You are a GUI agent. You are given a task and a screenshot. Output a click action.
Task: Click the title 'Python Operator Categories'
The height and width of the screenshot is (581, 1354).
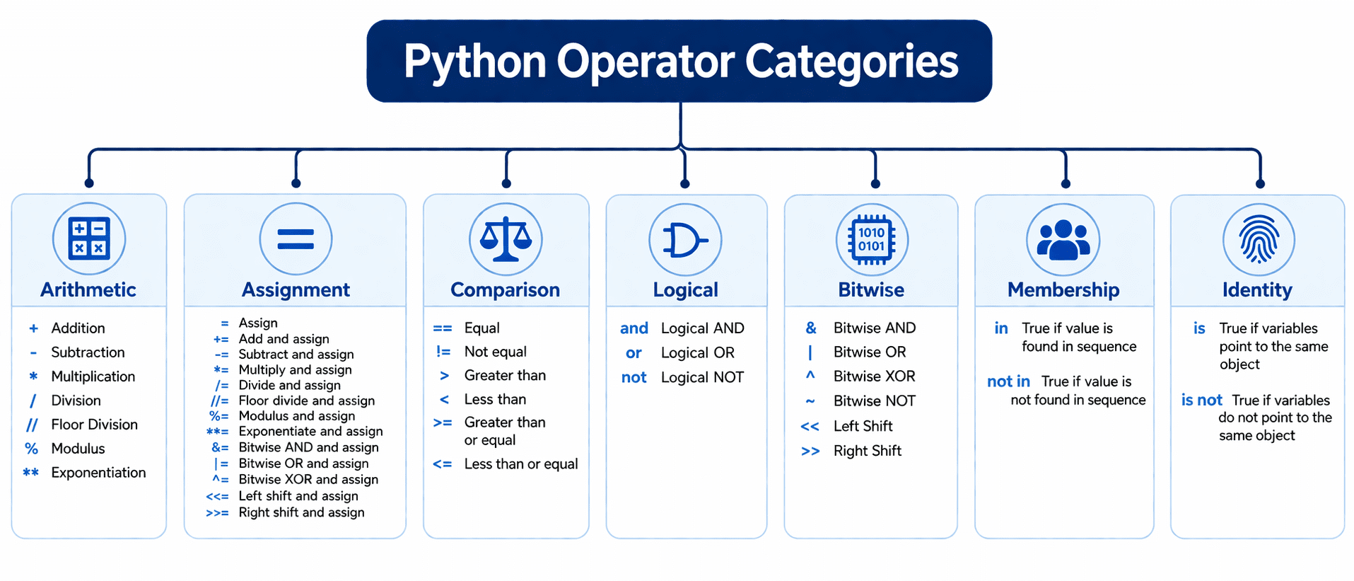click(680, 62)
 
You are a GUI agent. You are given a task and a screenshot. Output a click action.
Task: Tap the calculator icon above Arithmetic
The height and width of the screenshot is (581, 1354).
click(89, 238)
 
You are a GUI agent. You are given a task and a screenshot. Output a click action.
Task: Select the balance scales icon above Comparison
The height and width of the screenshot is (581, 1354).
click(506, 239)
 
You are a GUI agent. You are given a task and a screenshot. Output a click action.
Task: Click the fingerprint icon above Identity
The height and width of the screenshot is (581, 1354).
click(1259, 239)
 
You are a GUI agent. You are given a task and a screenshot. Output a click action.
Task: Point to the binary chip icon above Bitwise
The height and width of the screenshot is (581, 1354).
click(872, 239)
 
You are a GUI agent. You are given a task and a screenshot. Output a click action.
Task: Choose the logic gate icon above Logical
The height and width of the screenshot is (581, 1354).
click(684, 240)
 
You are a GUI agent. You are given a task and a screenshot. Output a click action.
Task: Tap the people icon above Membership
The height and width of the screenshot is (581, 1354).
click(1063, 239)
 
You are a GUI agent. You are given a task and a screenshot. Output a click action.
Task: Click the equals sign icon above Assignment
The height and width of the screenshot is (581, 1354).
click(296, 239)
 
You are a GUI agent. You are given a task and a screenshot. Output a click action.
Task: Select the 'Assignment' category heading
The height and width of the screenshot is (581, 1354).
click(296, 289)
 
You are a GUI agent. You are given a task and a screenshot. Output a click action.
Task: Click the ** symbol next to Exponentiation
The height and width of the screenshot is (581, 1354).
click(31, 472)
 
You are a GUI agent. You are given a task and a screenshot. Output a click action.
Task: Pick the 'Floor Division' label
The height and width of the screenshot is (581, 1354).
click(94, 425)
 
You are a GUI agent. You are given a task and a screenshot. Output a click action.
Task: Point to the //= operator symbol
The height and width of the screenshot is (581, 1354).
click(220, 401)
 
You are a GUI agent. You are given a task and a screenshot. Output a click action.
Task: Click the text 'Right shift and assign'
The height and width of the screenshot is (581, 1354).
click(301, 512)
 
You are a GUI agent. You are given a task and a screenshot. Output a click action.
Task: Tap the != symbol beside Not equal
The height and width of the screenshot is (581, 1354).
click(443, 352)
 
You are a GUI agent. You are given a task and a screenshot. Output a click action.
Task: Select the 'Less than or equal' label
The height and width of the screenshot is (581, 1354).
click(521, 464)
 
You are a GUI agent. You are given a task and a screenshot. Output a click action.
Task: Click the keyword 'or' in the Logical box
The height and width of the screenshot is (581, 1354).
click(634, 353)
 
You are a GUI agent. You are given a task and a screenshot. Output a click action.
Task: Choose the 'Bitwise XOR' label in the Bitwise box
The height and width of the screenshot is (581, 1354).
click(874, 376)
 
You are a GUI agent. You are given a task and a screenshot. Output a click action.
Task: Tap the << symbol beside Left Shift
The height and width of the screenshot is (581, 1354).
click(810, 426)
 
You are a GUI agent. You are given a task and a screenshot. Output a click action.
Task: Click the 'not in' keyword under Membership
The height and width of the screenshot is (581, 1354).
click(1008, 381)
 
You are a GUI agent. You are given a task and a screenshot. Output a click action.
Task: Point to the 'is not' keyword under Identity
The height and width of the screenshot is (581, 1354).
click(1201, 401)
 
